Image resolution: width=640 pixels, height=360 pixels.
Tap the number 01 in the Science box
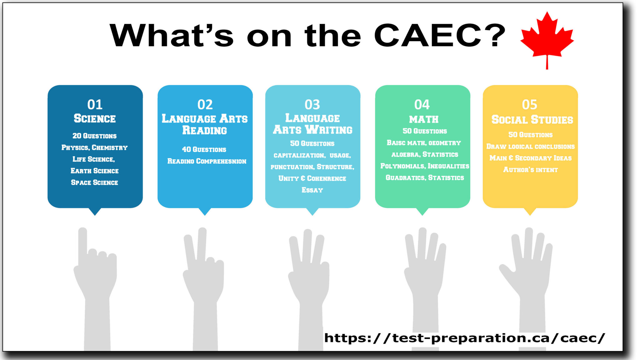click(95, 105)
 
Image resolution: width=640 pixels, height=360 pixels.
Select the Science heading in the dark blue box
click(95, 118)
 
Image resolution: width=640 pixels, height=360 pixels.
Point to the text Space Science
click(94, 182)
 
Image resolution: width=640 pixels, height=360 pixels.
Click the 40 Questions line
click(204, 149)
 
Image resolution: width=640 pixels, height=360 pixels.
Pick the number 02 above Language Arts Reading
click(205, 105)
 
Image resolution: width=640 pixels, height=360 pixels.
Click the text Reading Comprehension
click(207, 161)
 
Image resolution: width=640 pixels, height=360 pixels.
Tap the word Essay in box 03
click(312, 190)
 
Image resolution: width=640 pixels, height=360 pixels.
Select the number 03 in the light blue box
click(312, 105)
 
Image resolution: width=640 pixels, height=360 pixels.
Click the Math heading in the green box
click(424, 119)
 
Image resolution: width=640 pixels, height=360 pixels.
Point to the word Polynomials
click(402, 166)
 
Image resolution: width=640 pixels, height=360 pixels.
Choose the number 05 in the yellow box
click(530, 105)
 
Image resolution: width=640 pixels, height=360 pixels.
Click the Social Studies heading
click(532, 119)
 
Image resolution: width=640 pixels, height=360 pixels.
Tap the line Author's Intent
click(530, 170)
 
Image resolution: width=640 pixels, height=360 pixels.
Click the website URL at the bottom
click(465, 338)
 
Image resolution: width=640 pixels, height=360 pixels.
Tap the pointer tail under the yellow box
click(530, 211)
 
